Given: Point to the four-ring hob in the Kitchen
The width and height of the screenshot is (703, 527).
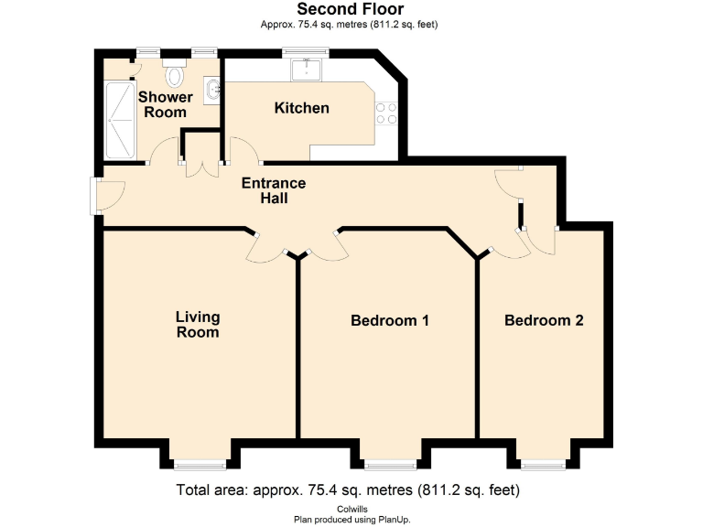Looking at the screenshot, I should click(x=386, y=113).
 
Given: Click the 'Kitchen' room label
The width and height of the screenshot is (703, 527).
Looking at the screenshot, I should click(x=302, y=108).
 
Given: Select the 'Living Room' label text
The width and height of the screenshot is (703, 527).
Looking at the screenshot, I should click(x=198, y=325).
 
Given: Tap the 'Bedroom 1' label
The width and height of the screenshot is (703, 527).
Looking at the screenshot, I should click(x=390, y=321).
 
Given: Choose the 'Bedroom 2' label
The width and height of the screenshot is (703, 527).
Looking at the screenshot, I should click(x=544, y=321).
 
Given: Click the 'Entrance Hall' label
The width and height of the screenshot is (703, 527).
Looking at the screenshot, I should click(x=273, y=190).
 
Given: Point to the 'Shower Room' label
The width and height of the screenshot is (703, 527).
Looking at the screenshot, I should click(x=165, y=104).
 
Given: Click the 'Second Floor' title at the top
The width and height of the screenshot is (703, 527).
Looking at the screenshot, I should click(x=351, y=10).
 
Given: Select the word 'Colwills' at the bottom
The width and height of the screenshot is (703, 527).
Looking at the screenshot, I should click(x=351, y=508).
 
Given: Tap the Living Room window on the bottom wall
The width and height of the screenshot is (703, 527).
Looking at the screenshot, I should click(x=200, y=464).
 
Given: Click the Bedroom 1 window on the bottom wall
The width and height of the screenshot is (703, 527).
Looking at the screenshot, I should click(x=390, y=464).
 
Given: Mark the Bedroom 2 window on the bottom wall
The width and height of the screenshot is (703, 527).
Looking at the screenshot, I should click(x=544, y=464).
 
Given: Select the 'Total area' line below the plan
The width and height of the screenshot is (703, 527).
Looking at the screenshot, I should click(x=351, y=490).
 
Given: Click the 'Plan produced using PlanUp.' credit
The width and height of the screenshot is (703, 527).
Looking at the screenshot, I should click(x=351, y=519).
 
